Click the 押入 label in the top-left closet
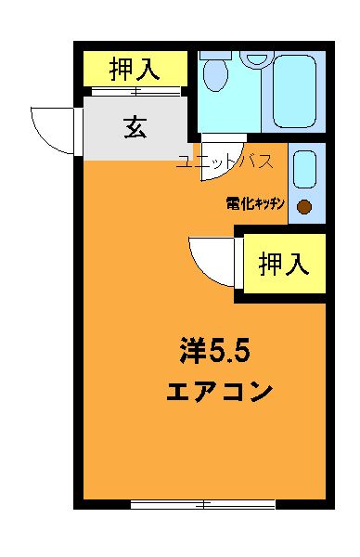pos(135,68)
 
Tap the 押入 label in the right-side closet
pos(283,265)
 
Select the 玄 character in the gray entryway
pos(135,128)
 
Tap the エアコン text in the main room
pos(219,391)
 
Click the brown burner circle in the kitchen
pos(304,206)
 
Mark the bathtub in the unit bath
pos(298,91)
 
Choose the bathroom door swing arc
pos(229,149)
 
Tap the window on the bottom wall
pos(202,504)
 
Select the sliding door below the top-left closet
pos(135,91)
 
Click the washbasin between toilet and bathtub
pos(252,58)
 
